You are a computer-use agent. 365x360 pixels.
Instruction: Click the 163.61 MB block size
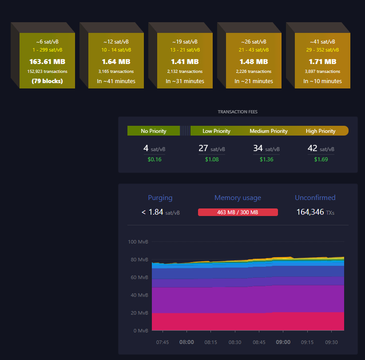tap(47, 61)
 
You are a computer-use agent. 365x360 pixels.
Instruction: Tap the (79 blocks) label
tap(47, 81)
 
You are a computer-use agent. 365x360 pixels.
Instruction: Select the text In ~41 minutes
tap(116, 81)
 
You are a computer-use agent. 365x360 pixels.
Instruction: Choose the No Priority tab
tap(154, 131)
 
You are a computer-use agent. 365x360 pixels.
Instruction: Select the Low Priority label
tap(216, 131)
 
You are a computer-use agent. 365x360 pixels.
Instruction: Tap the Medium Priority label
tap(269, 131)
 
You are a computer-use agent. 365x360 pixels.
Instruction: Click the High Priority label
tap(321, 131)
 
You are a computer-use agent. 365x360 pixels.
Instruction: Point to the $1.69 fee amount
tap(321, 159)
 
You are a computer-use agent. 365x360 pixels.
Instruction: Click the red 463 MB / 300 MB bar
tap(238, 212)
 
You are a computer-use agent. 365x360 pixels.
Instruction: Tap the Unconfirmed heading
tap(315, 198)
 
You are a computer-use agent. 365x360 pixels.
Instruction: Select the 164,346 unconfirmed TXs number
tap(310, 212)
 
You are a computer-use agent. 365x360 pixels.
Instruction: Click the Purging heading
tap(160, 198)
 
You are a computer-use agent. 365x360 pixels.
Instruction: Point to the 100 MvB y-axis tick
tap(138, 242)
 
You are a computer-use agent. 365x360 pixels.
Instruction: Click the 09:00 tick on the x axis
tap(283, 342)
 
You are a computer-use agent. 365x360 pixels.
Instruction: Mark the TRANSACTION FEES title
tap(238, 112)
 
